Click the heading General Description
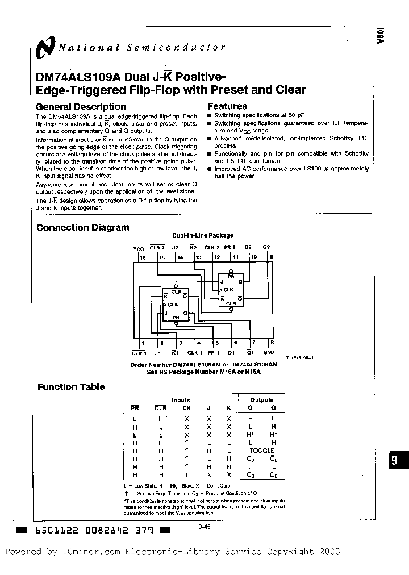[x=81, y=107]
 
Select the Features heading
[x=227, y=106]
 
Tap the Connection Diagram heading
[x=82, y=228]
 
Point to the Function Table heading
[x=71, y=387]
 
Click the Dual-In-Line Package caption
[x=203, y=235]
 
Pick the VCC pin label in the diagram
[x=139, y=248]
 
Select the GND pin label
[x=269, y=352]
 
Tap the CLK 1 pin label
[x=196, y=352]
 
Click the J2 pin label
[x=175, y=248]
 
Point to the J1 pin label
[x=158, y=352]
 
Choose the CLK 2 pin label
[x=212, y=248]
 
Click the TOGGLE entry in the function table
[x=262, y=451]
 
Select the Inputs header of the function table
[x=181, y=400]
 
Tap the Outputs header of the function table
[x=261, y=400]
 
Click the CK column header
[x=186, y=408]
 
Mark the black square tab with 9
[x=396, y=461]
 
